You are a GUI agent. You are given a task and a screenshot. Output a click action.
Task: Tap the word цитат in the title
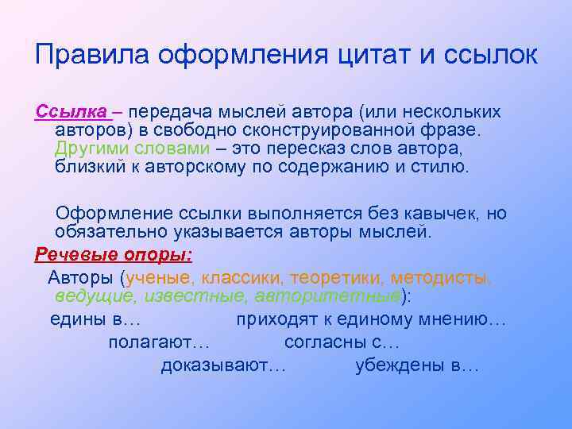pos(370,55)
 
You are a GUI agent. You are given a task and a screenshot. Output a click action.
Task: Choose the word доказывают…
pos(223,366)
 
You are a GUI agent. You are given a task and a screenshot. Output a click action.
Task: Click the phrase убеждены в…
pos(417,366)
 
